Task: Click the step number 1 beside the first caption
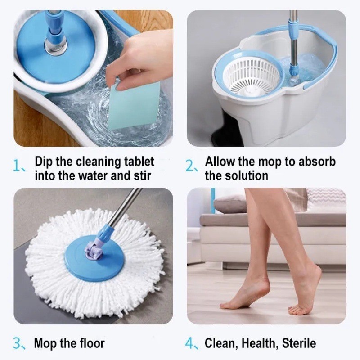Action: [x=17, y=166]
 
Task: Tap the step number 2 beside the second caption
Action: [x=190, y=166]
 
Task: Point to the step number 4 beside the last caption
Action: [x=190, y=343]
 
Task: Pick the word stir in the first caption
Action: [x=142, y=175]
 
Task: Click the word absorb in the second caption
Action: [x=317, y=162]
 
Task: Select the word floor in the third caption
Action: [x=92, y=343]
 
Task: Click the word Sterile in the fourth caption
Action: [x=299, y=343]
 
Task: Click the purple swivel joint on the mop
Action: [x=93, y=249]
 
